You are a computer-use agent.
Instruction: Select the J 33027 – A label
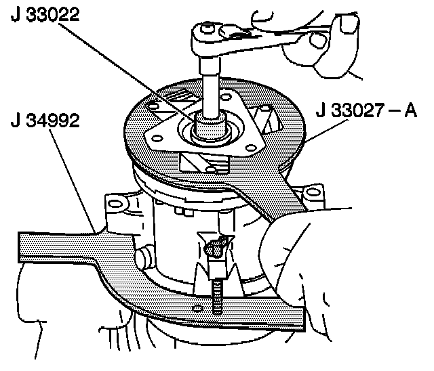366,110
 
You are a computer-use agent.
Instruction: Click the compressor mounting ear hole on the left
115,201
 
